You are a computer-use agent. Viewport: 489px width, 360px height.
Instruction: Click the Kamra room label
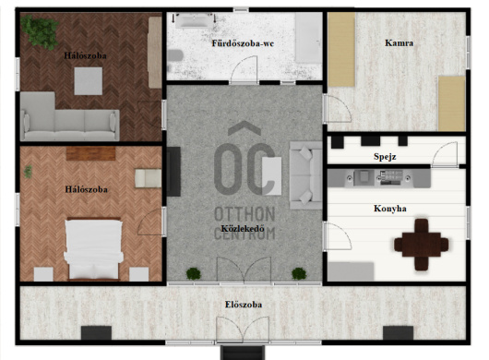399,43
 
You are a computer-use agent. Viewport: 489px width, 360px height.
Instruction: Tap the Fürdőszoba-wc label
243,43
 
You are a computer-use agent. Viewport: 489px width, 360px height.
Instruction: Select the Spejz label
385,157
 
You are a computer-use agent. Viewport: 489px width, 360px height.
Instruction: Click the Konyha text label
390,209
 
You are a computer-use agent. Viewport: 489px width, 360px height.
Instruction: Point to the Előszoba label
244,305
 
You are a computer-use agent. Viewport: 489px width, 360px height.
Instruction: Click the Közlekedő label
243,228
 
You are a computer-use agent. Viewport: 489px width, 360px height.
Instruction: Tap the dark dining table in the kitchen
422,245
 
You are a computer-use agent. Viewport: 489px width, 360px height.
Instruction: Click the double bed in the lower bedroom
93,249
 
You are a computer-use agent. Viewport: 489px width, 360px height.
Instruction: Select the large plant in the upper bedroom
40,31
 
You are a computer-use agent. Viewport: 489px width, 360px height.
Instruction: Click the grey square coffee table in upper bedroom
89,81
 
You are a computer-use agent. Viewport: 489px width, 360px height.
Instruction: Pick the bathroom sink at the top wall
194,21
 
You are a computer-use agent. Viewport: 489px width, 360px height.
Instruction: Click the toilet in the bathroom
174,55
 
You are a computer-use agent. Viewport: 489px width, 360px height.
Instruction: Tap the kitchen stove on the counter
389,178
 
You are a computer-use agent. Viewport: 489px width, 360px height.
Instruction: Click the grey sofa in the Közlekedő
306,175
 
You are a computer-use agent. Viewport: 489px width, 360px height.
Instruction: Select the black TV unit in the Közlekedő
173,172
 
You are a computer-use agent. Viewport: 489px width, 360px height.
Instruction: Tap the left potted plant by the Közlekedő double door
194,273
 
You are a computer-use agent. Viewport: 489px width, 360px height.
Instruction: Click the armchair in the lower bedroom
148,178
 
